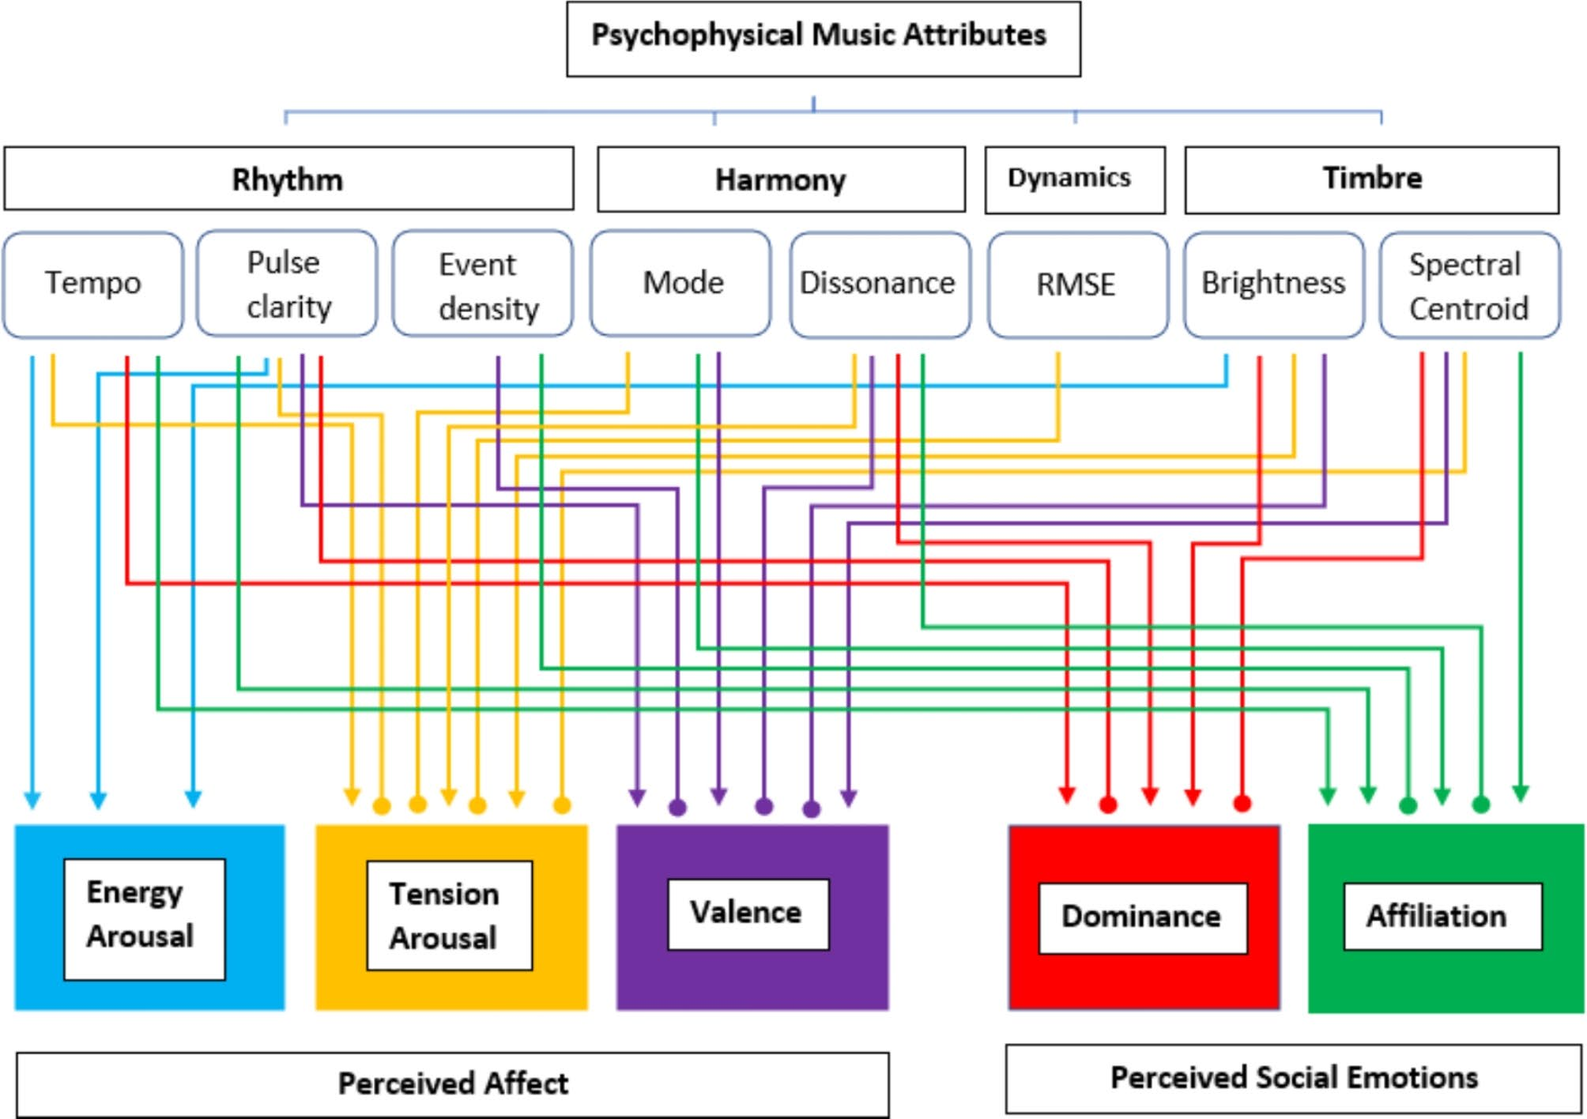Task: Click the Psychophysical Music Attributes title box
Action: pos(823,38)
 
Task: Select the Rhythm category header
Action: pos(288,179)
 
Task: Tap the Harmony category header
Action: pos(781,179)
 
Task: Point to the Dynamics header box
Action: pos(1074,179)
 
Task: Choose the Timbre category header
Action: pos(1371,179)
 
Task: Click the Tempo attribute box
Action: pos(93,284)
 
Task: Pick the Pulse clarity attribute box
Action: pos(286,284)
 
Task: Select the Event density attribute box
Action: pos(483,284)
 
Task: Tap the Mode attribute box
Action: pos(680,284)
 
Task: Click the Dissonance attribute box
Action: pos(880,284)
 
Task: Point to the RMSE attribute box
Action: pos(1077,284)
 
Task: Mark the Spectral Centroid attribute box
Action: pos(1469,285)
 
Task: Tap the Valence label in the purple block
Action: pos(748,914)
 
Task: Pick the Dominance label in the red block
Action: pos(1142,917)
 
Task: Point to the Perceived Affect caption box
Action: pos(452,1083)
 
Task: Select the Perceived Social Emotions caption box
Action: pos(1293,1078)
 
